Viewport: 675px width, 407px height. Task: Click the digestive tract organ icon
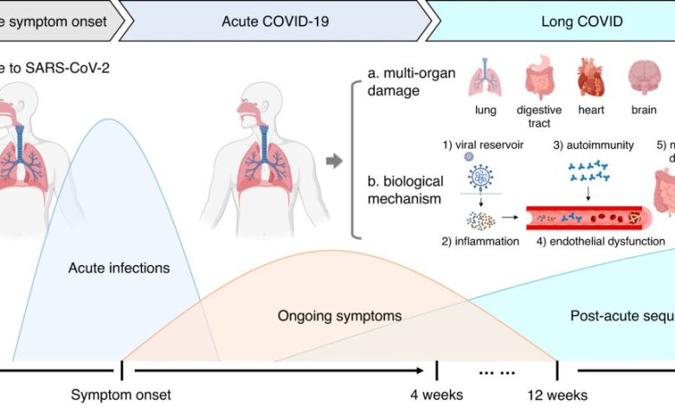pos(539,81)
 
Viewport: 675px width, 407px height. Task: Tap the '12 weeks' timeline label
pos(558,395)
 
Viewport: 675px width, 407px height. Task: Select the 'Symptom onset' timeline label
pos(121,395)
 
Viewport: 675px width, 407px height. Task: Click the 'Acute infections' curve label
pos(119,268)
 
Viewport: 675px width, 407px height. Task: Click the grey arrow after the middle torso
pos(333,160)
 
